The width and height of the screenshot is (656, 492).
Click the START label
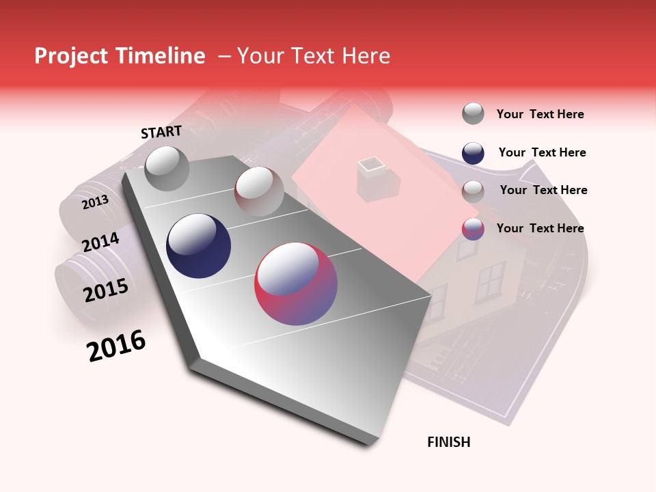click(161, 132)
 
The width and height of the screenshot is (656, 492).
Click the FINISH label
click(448, 442)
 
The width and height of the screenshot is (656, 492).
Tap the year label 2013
click(95, 202)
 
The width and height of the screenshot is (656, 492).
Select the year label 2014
click(100, 242)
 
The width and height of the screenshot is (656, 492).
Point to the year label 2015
click(106, 290)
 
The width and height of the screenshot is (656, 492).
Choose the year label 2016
click(116, 346)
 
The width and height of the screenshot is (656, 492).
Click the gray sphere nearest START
click(167, 168)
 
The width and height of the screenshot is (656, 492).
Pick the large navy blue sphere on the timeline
click(198, 246)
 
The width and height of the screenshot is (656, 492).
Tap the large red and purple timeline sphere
click(296, 283)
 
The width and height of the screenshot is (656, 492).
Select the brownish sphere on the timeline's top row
click(259, 191)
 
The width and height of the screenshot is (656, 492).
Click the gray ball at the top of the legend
click(473, 113)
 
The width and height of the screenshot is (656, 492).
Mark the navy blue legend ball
click(473, 153)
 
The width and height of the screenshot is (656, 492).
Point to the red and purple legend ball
click(473, 229)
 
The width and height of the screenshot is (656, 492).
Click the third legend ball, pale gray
click(473, 191)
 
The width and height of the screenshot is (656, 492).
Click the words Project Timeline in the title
click(120, 56)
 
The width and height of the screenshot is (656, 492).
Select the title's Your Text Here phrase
click(314, 56)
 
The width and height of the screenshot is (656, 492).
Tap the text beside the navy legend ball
click(542, 152)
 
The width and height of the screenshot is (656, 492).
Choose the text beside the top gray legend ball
click(540, 114)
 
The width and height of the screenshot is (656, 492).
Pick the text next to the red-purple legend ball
click(540, 228)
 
